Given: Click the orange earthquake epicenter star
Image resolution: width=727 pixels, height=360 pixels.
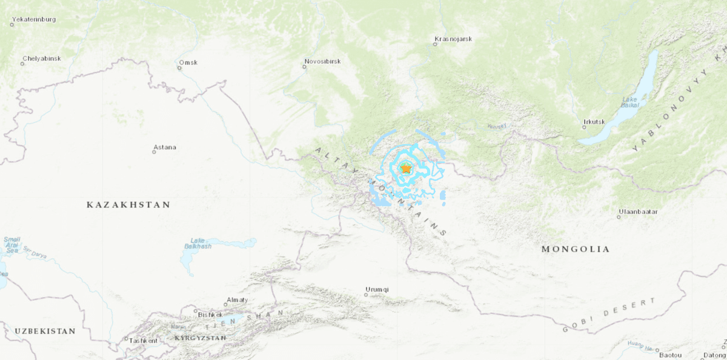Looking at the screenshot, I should coord(405,168).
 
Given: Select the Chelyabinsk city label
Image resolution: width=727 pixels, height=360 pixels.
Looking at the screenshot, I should coord(42,59).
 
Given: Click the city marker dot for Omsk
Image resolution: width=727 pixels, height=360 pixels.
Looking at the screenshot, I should coord(179,68).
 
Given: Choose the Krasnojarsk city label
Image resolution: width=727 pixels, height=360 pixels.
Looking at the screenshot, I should coord(453,39).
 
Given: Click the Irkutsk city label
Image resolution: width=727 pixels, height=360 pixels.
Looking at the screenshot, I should coord(594,122).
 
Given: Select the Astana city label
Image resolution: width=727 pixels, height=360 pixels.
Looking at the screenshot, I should coord(165,147).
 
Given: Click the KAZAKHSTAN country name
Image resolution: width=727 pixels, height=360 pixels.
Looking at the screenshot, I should coord(128,205).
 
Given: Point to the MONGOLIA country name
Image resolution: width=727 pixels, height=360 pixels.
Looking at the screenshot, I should coord(576,249).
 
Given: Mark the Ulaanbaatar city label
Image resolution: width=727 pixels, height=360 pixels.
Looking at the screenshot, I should coord(638,212).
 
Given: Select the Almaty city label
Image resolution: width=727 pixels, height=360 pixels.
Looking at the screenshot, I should coord(236,300).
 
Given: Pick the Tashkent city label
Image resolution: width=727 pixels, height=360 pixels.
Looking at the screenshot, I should coord(144,341).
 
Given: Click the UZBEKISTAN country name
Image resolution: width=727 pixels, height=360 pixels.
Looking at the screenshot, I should coord(45,332).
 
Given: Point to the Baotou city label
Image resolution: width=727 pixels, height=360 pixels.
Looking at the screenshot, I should coord(671,355).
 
